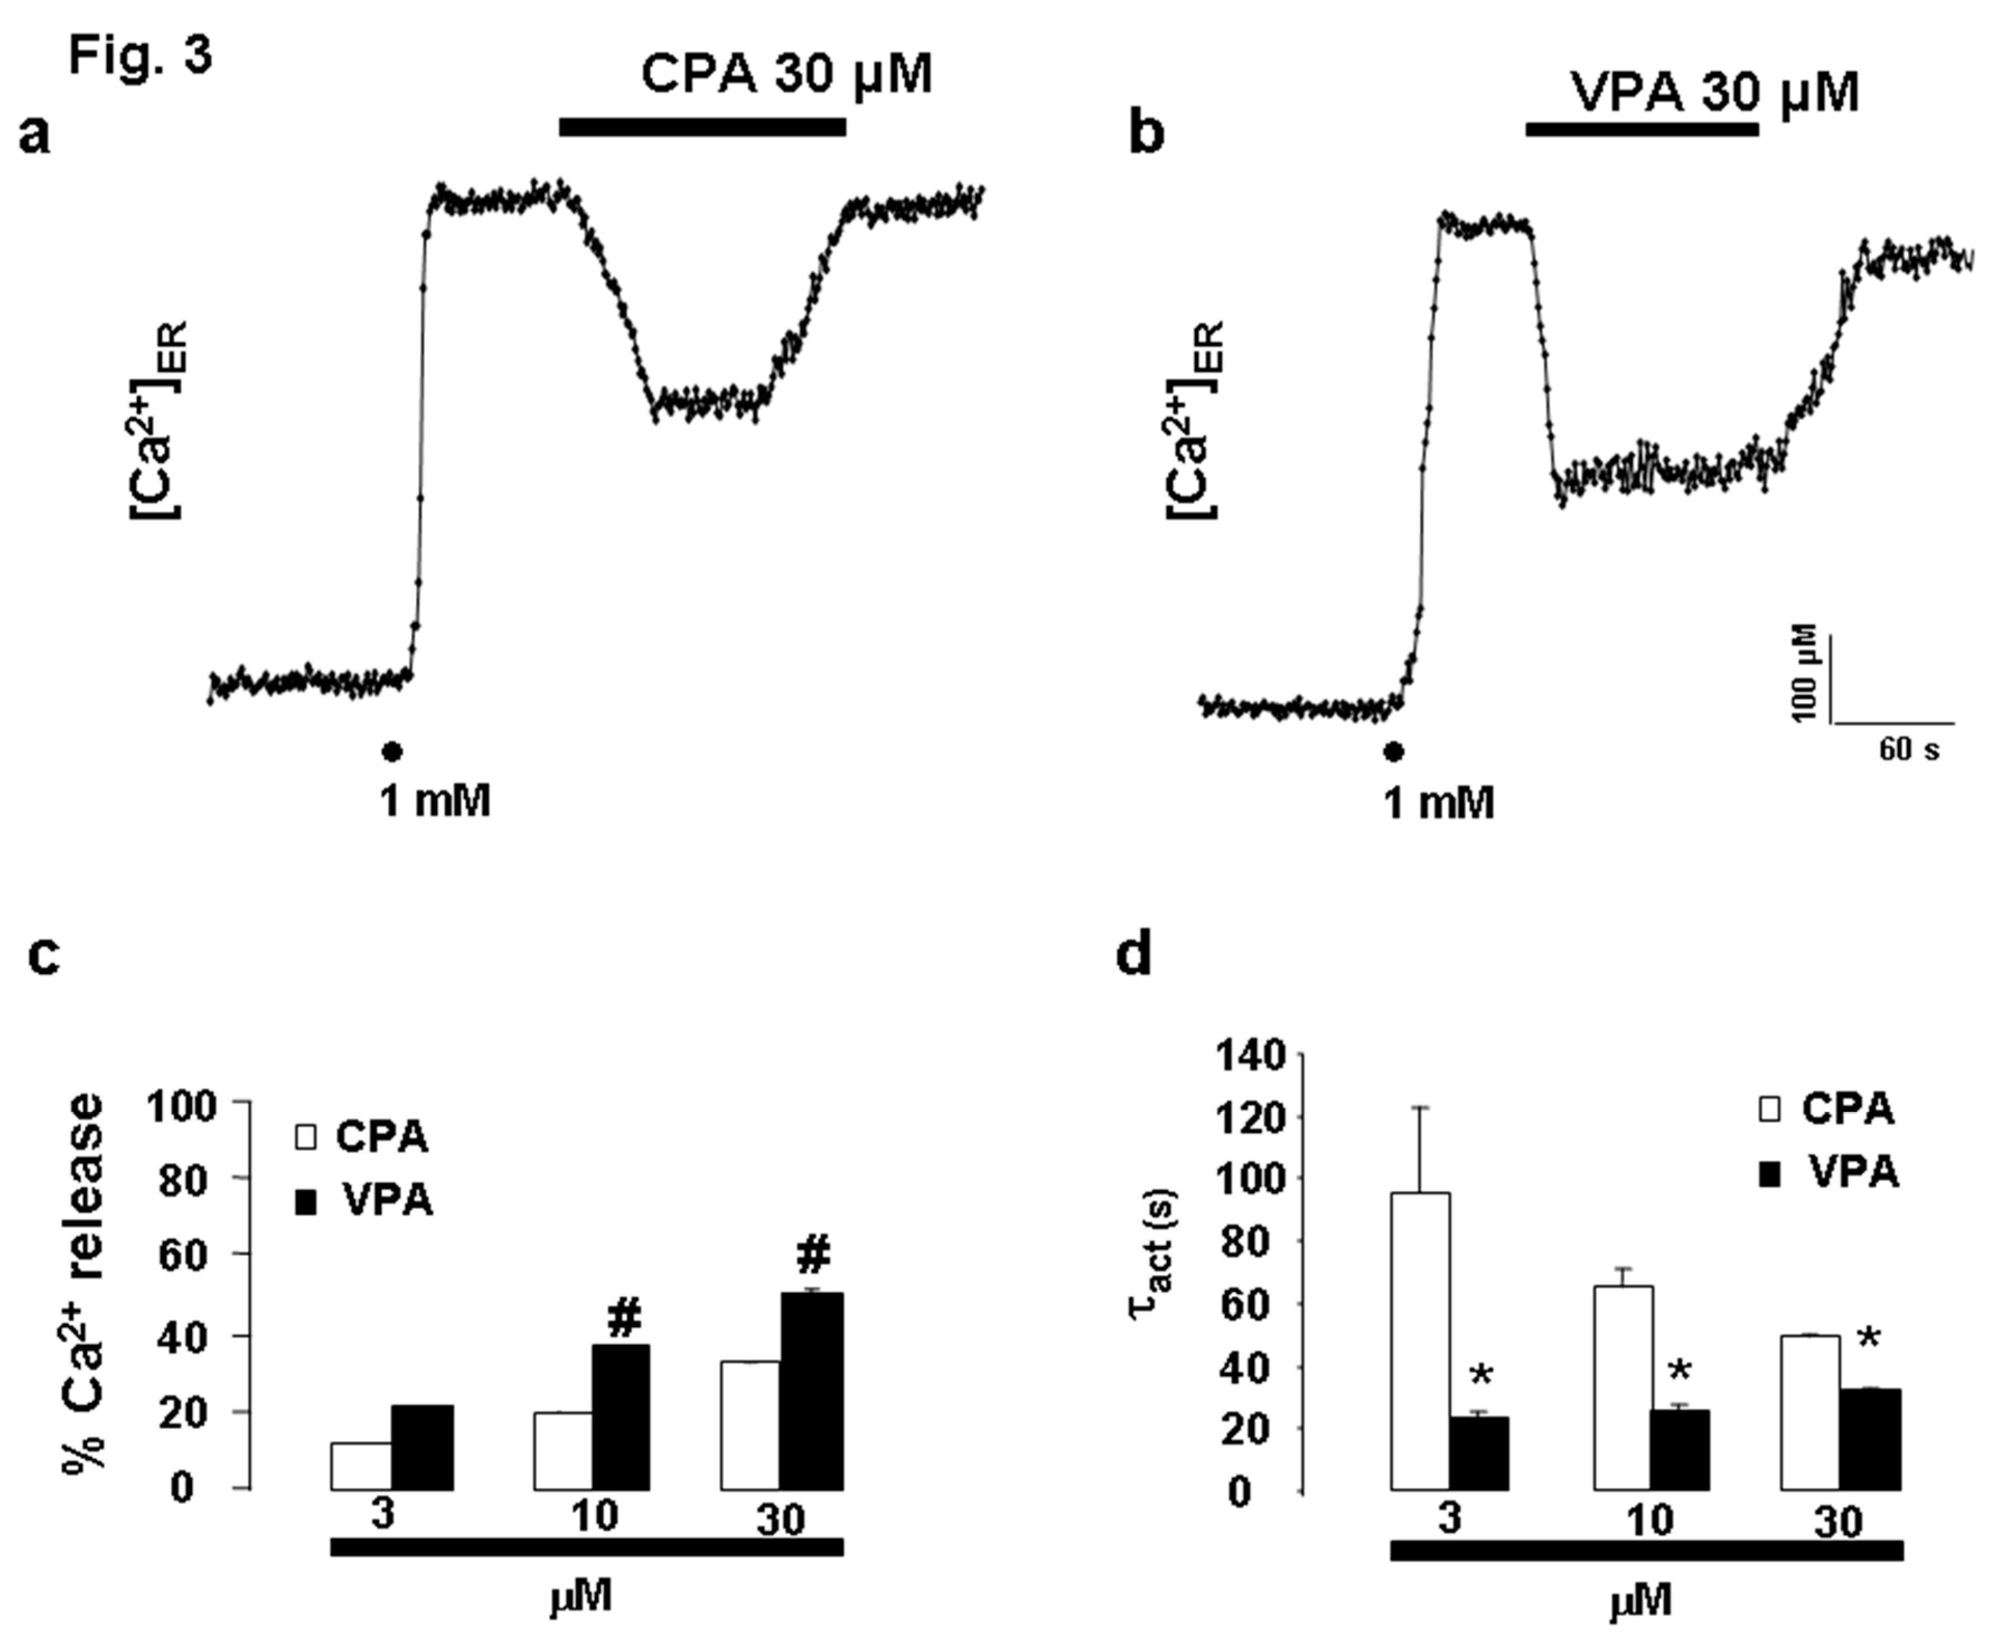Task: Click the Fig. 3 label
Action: click(140, 57)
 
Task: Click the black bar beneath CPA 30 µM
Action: click(702, 127)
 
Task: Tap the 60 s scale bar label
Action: click(1909, 750)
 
